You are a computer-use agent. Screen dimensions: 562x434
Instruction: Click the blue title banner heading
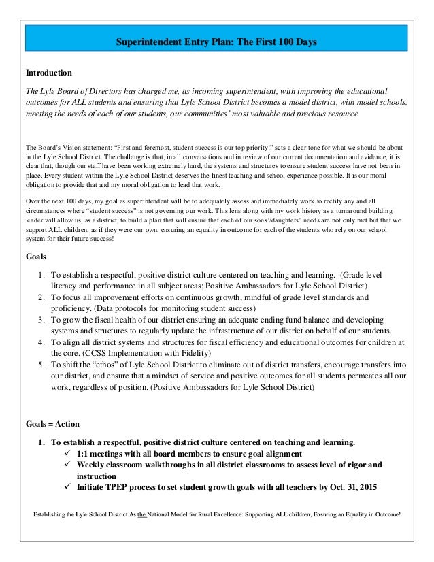coord(217,43)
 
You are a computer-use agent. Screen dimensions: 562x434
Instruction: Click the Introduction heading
coord(48,72)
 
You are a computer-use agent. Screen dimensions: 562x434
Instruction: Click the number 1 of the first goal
coord(41,274)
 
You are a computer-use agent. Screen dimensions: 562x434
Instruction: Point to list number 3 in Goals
coord(41,320)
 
